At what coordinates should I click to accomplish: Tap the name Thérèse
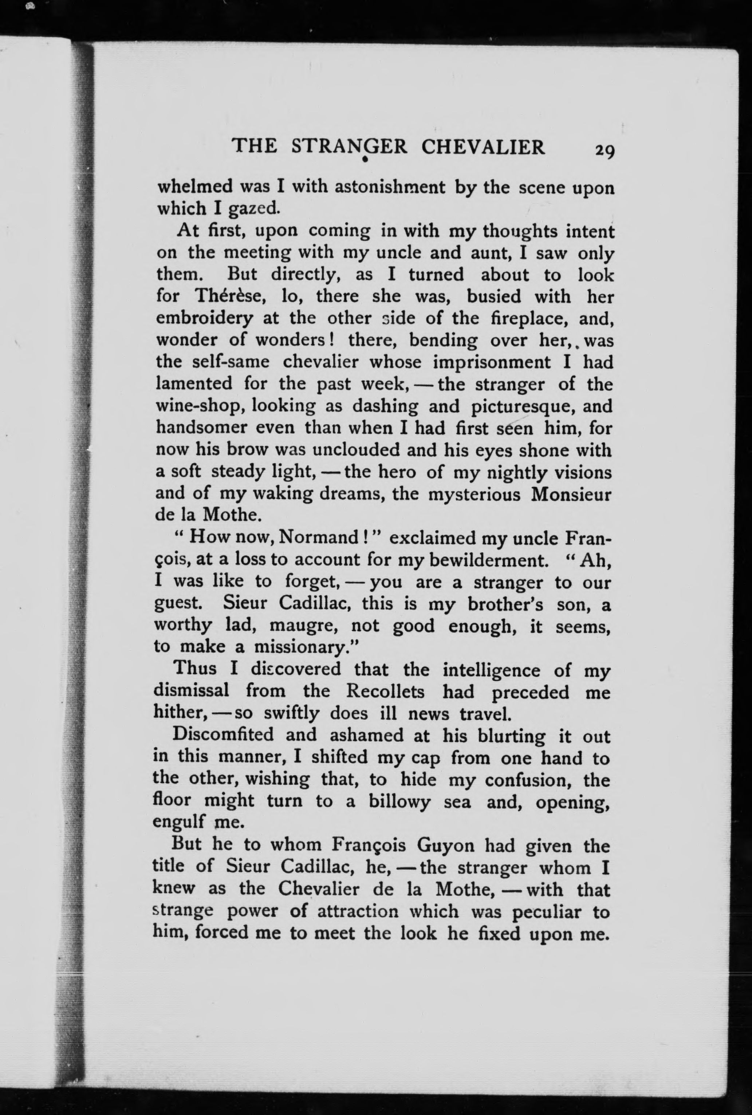(231, 296)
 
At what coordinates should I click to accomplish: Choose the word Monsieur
(571, 494)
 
